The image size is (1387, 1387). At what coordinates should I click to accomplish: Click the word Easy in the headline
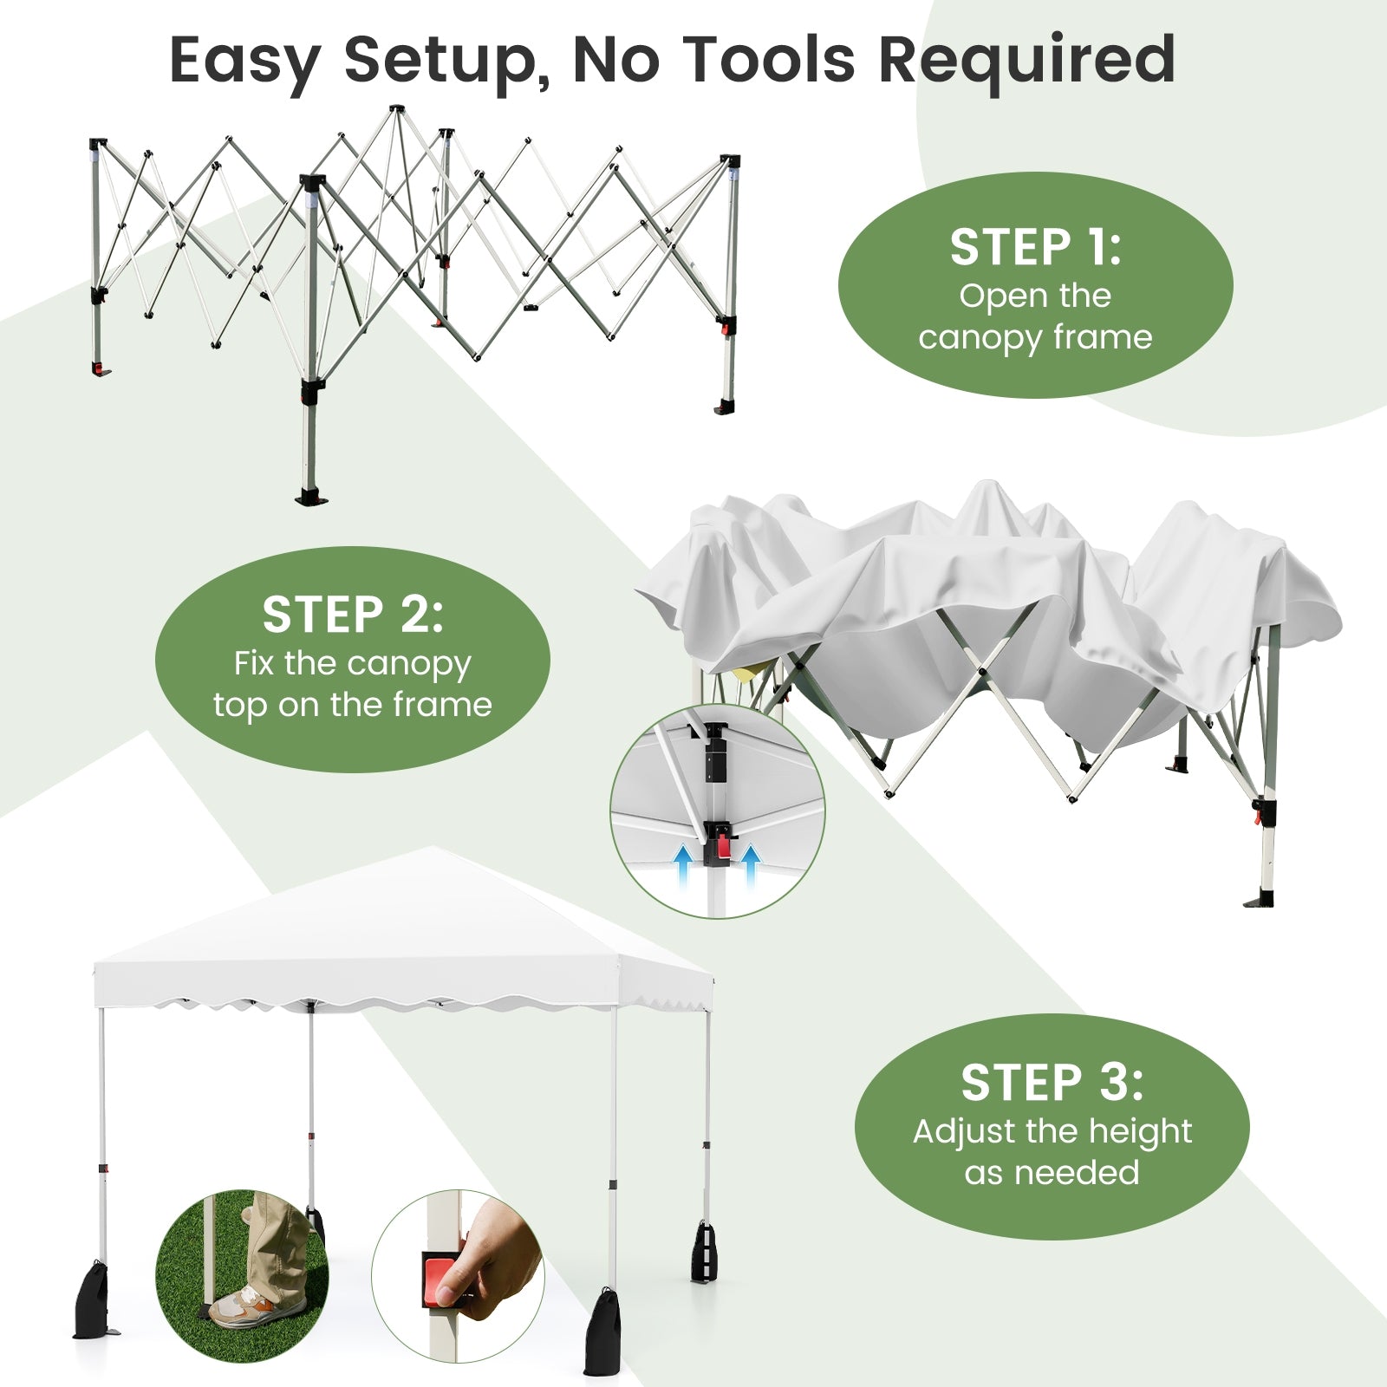coord(244,61)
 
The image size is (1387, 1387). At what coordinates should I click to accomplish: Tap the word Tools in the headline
coord(772,61)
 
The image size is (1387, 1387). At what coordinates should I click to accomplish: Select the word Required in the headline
coord(1026,61)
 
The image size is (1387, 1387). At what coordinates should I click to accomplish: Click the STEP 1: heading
coord(1035,248)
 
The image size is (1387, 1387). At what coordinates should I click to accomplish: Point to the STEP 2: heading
coord(353,615)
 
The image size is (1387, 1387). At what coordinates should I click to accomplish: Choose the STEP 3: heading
coord(1052,1084)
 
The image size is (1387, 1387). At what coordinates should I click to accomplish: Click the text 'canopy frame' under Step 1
coord(1035,337)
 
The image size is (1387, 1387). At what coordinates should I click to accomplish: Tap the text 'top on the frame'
coord(353,705)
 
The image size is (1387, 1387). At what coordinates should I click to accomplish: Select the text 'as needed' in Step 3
coord(1052,1173)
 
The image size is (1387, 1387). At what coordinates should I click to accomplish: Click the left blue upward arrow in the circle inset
coord(683,867)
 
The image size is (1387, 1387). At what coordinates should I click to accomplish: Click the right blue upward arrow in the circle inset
coord(750,867)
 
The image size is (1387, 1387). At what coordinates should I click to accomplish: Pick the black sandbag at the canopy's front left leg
coord(92,1299)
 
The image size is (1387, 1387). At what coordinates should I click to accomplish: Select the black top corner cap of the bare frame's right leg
coord(730,162)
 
